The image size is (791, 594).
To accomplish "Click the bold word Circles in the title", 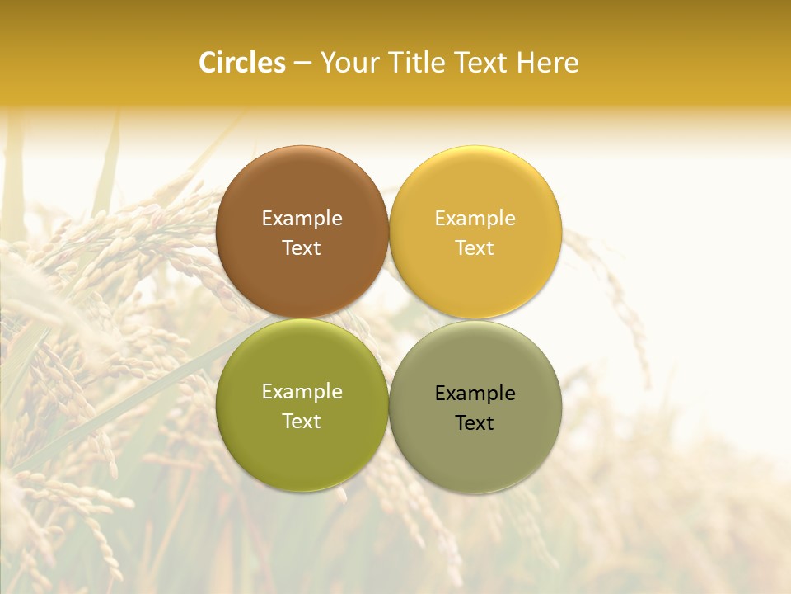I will click(x=241, y=63).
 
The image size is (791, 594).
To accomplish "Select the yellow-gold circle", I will click(x=475, y=190).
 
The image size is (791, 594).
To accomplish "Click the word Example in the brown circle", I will click(x=302, y=219).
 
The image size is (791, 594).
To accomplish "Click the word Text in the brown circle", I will click(x=302, y=248).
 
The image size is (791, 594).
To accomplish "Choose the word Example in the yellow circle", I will click(x=475, y=219).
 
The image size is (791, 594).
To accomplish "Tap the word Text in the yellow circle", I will click(x=475, y=248).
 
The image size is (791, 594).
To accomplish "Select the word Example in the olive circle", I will click(x=302, y=392).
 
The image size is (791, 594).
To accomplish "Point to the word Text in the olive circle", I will click(x=302, y=422).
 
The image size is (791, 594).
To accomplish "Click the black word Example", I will click(x=475, y=394).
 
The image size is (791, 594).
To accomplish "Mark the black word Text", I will click(x=475, y=423).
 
